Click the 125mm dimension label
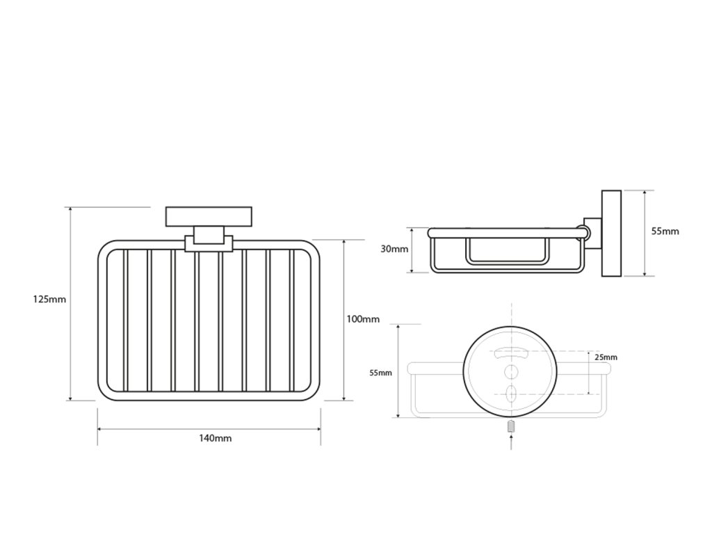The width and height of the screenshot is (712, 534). pos(49,300)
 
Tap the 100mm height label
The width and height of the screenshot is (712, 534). pos(363,319)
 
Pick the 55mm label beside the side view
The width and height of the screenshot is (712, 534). pos(665,232)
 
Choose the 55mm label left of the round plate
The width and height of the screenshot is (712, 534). pos(380,373)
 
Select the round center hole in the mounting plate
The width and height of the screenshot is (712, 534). pos(511,371)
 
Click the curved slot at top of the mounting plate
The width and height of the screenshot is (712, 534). pos(511,351)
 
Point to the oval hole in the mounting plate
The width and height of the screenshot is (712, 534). pos(511,394)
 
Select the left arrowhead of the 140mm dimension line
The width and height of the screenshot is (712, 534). pos(99,430)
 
